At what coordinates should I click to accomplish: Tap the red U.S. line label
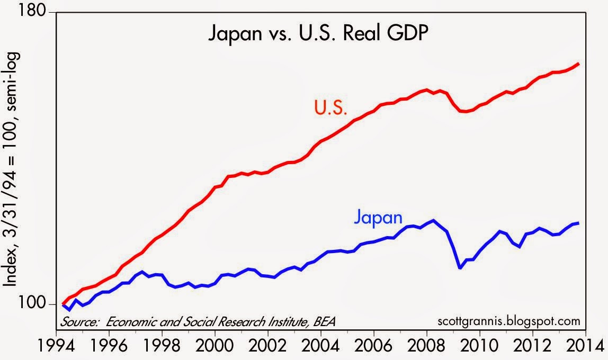pyautogui.click(x=330, y=109)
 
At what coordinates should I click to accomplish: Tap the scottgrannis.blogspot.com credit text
pyautogui.click(x=509, y=321)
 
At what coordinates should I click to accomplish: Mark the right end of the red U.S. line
pyautogui.click(x=578, y=64)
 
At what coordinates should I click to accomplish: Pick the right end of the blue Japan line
pyautogui.click(x=578, y=223)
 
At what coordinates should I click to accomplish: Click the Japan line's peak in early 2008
pyautogui.click(x=434, y=220)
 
